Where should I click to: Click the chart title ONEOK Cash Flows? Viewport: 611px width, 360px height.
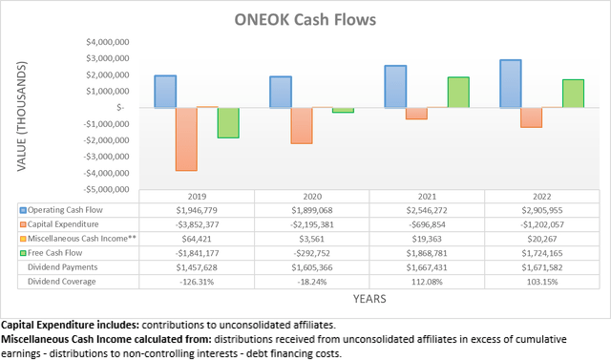(306, 19)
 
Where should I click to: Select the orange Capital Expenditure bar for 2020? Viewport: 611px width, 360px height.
(302, 125)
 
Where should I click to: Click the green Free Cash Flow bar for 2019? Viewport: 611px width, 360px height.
(227, 123)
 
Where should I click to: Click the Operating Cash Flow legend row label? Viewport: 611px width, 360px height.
(66, 210)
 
